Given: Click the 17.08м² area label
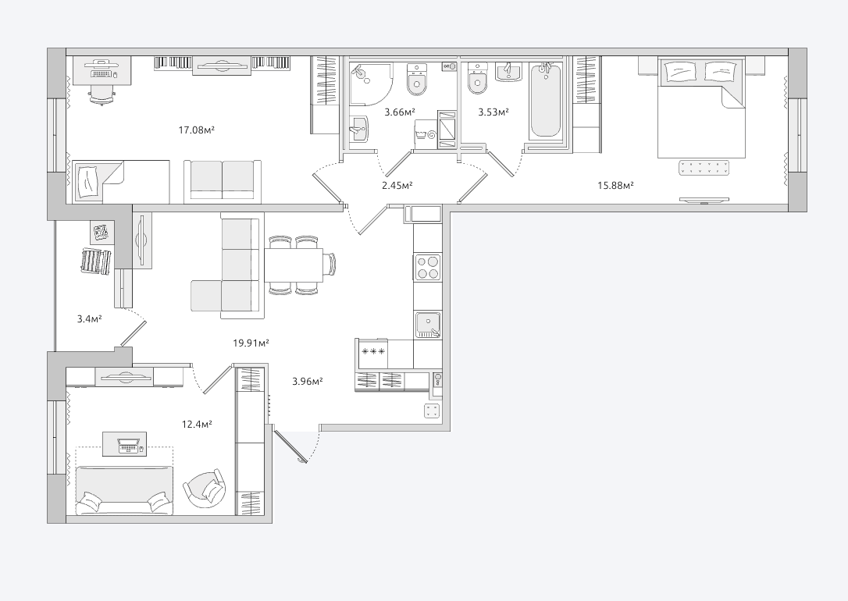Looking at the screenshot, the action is point(197,130).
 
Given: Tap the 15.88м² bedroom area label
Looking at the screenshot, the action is point(615,186).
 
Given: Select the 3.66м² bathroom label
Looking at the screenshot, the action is point(400,112).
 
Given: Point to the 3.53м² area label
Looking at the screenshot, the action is point(493,112).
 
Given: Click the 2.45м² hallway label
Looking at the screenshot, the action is point(397,186).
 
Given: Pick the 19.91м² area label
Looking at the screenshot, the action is point(251,343).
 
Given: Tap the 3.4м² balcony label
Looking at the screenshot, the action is point(90,319).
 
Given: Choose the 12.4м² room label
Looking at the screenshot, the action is point(197,425).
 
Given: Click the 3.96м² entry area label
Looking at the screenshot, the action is point(308,381).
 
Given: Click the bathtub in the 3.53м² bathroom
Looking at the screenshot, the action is point(547,101).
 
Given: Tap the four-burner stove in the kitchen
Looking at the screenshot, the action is point(427,267).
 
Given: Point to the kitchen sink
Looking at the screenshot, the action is point(428,325).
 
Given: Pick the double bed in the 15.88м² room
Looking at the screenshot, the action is point(701,108).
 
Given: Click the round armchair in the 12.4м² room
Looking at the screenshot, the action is point(205,489).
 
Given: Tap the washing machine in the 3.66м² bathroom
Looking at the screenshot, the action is point(426,133).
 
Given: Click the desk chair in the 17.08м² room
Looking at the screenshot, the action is point(102,95).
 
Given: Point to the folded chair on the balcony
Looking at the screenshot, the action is point(96,261).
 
